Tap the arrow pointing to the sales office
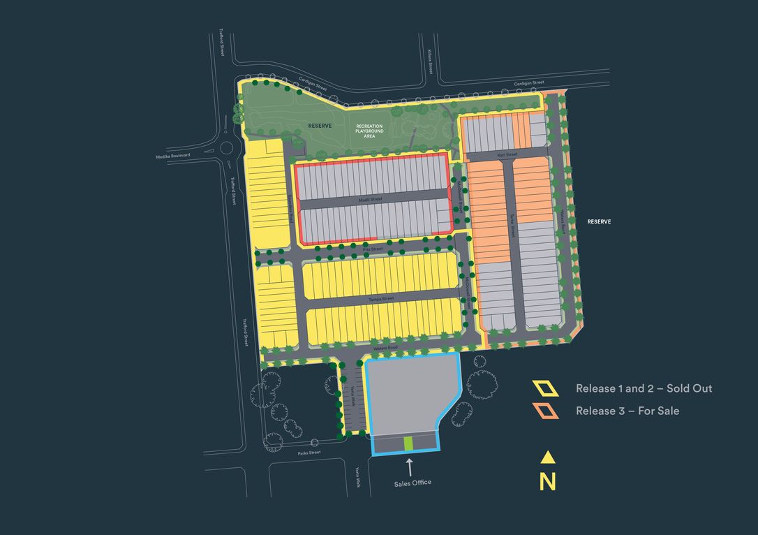(410, 466)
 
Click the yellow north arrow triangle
(548, 457)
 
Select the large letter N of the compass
(548, 482)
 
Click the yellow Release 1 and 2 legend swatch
(545, 388)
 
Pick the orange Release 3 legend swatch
(545, 411)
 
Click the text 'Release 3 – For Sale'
(627, 411)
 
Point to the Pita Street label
(373, 249)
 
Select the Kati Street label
(507, 154)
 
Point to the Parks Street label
(309, 453)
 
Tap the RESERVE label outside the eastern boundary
(599, 221)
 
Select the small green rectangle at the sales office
(409, 444)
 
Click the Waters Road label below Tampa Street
(385, 347)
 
